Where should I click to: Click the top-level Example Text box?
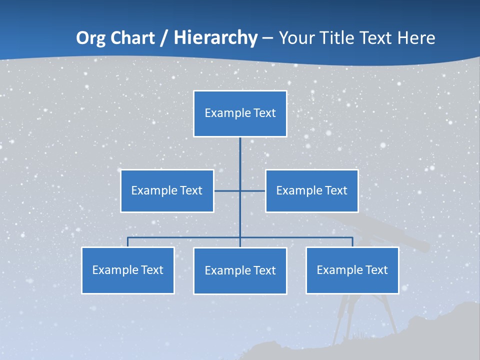(240, 113)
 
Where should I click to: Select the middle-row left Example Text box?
(167, 190)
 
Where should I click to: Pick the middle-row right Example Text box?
(311, 190)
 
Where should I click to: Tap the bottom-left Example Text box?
(127, 270)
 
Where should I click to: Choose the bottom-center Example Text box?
(240, 270)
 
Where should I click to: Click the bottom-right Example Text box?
(352, 270)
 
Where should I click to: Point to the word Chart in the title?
(132, 38)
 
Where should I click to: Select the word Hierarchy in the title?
(215, 38)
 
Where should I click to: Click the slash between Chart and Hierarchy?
(164, 38)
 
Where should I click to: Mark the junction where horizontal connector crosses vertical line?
(240, 190)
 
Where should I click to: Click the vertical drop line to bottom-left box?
(127, 242)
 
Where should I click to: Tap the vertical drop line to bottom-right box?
(352, 242)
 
